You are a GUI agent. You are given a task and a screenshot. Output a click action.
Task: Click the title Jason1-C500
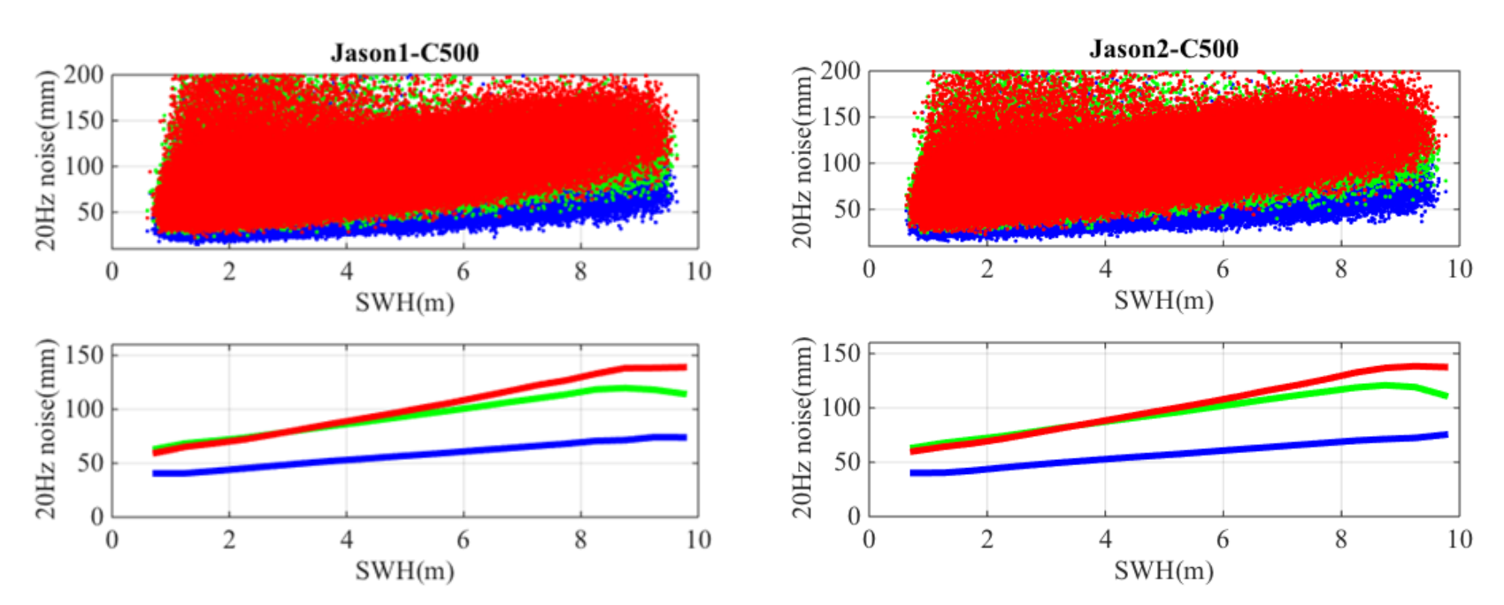click(404, 53)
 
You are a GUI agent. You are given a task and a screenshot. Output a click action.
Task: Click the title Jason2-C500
click(1163, 49)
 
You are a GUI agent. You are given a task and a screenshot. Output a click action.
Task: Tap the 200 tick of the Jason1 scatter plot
click(84, 74)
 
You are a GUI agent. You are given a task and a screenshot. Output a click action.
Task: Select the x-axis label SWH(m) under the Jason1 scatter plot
click(404, 302)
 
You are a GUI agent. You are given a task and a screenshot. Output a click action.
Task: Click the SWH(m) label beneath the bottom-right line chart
click(1163, 571)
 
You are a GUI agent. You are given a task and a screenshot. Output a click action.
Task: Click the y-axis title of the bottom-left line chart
click(45, 428)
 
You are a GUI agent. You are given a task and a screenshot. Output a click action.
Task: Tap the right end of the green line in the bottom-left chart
click(685, 394)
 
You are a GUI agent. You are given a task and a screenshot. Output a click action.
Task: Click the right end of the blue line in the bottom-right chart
click(1446, 434)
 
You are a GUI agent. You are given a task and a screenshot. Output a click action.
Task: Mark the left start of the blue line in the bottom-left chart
click(155, 473)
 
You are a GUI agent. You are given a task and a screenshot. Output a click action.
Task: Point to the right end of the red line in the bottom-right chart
click(1446, 367)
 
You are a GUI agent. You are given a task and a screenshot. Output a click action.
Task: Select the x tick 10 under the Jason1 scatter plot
click(698, 272)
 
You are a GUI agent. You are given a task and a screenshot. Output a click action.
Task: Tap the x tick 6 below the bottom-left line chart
click(463, 540)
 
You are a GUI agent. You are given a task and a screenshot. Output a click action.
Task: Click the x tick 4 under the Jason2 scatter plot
click(1105, 269)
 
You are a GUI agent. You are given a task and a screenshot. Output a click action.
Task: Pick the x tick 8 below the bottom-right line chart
click(1340, 540)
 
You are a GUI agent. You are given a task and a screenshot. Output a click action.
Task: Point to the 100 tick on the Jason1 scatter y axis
click(84, 166)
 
